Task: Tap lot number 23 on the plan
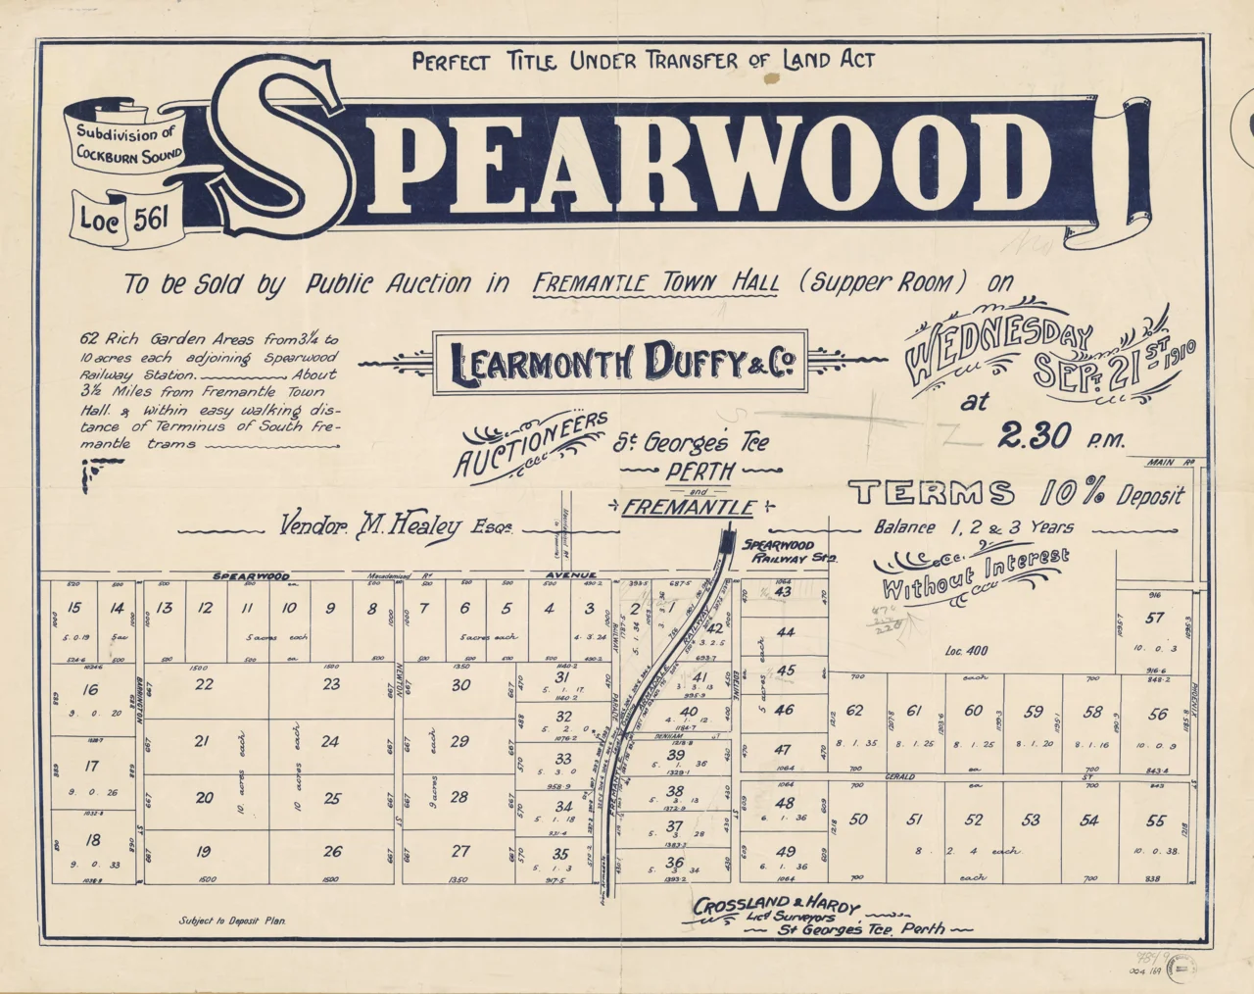click(x=332, y=684)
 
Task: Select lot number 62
click(x=855, y=711)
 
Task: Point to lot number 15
click(x=73, y=608)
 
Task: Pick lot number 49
click(x=786, y=852)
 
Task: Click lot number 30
click(x=460, y=685)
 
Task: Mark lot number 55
click(x=1156, y=820)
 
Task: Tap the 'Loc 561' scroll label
click(x=123, y=218)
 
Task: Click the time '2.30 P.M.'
click(x=1062, y=437)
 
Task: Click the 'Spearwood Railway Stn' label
click(x=790, y=550)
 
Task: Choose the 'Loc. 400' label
click(x=966, y=650)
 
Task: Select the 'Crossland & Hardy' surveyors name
click(x=776, y=906)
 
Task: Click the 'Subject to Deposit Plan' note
click(x=232, y=921)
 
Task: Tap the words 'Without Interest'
click(x=975, y=573)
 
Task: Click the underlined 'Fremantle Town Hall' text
click(x=656, y=283)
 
